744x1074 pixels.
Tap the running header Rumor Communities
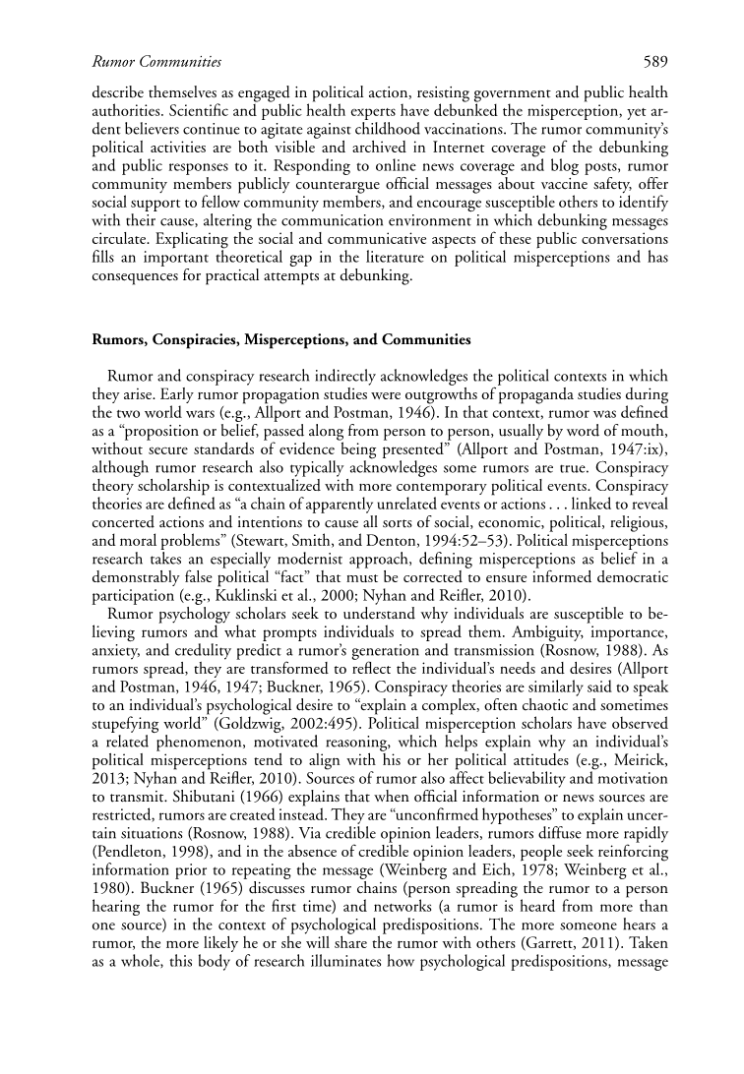pyautogui.click(x=155, y=62)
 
